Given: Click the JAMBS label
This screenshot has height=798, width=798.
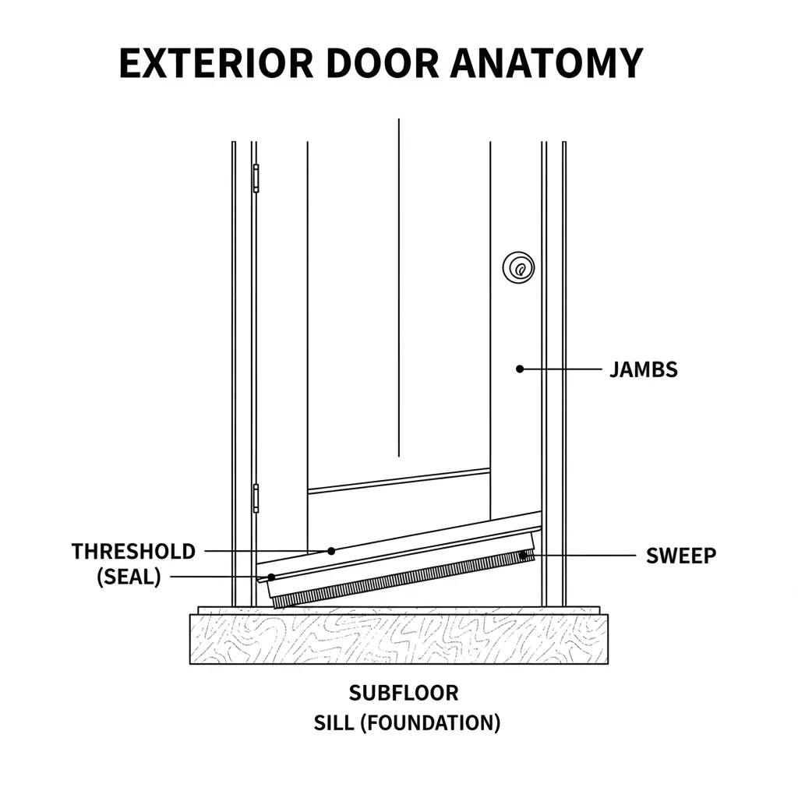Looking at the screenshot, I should click(x=643, y=369).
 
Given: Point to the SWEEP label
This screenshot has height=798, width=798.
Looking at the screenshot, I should click(x=681, y=556).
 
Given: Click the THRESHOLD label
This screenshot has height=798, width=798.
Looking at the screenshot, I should click(x=133, y=552).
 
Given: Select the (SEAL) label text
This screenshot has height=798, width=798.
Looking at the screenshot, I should click(x=129, y=578).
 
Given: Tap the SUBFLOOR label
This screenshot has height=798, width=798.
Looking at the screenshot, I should click(x=404, y=692).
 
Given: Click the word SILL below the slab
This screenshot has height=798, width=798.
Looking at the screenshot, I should click(x=334, y=722).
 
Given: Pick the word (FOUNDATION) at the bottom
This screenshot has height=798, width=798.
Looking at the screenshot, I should click(x=429, y=722).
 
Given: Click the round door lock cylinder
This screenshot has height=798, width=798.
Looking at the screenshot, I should click(x=518, y=267).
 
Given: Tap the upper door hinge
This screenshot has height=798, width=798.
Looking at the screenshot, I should click(x=256, y=178).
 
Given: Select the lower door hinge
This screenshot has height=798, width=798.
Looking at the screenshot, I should click(x=256, y=498).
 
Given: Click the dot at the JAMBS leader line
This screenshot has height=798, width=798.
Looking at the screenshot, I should click(x=520, y=369).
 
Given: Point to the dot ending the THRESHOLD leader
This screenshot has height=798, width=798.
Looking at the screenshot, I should click(x=330, y=550).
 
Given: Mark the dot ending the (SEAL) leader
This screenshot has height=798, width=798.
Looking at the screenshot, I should click(x=271, y=577).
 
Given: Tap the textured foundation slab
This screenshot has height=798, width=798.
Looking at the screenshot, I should click(x=398, y=639).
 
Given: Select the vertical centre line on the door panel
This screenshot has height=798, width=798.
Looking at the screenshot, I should click(x=398, y=288).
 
